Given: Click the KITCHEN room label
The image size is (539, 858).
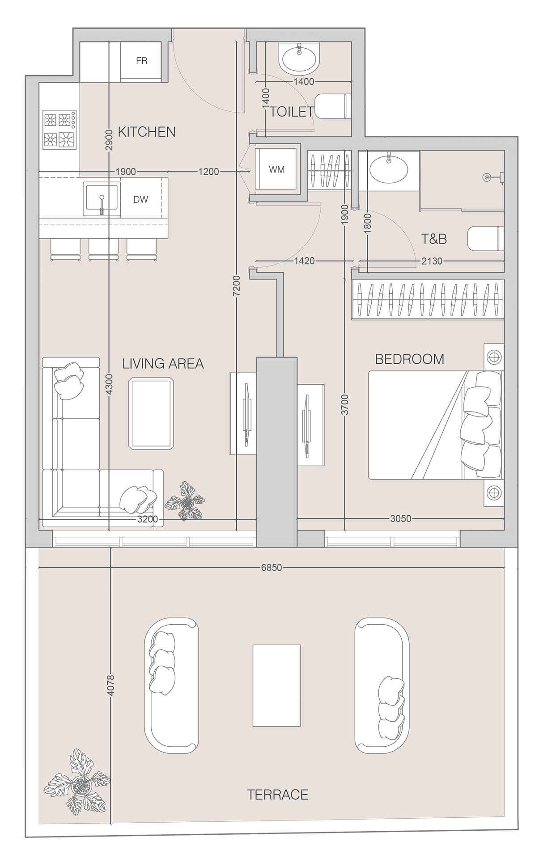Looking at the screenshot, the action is (146, 132).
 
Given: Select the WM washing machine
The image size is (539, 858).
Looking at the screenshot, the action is (277, 169).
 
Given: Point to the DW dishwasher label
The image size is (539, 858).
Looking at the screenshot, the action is (140, 199).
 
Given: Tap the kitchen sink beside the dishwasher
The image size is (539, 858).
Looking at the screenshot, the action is (102, 198).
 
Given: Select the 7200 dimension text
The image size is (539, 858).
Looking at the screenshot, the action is (237, 286).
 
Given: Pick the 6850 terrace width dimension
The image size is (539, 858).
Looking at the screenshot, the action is (272, 568).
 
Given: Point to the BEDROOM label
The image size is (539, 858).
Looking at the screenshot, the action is (409, 359).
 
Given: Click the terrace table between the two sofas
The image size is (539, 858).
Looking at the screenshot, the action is (276, 685).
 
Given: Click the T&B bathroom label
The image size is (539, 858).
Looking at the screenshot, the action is (434, 239).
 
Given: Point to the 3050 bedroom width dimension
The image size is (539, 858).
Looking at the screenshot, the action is (400, 519).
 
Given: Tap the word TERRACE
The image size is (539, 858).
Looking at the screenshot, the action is (278, 794).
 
